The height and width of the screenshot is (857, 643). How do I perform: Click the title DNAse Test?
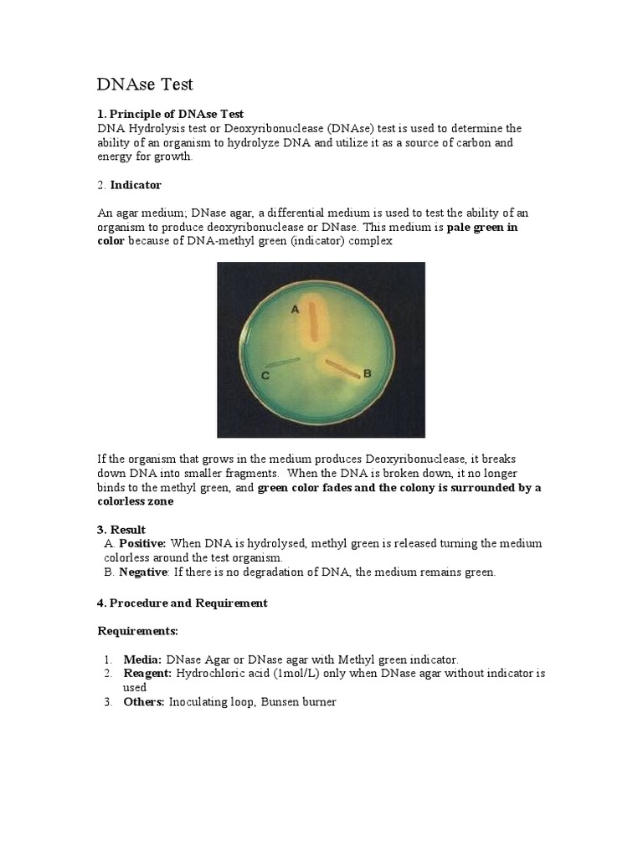tap(146, 84)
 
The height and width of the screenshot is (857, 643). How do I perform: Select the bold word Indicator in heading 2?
tap(136, 185)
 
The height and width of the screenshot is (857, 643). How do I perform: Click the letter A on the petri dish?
tap(295, 309)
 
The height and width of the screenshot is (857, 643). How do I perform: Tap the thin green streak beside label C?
tap(282, 362)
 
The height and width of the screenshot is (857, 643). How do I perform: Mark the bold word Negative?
tap(144, 572)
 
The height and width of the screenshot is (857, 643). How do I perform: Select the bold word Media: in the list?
tap(143, 659)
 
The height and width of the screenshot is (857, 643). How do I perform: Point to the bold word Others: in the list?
tap(144, 702)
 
